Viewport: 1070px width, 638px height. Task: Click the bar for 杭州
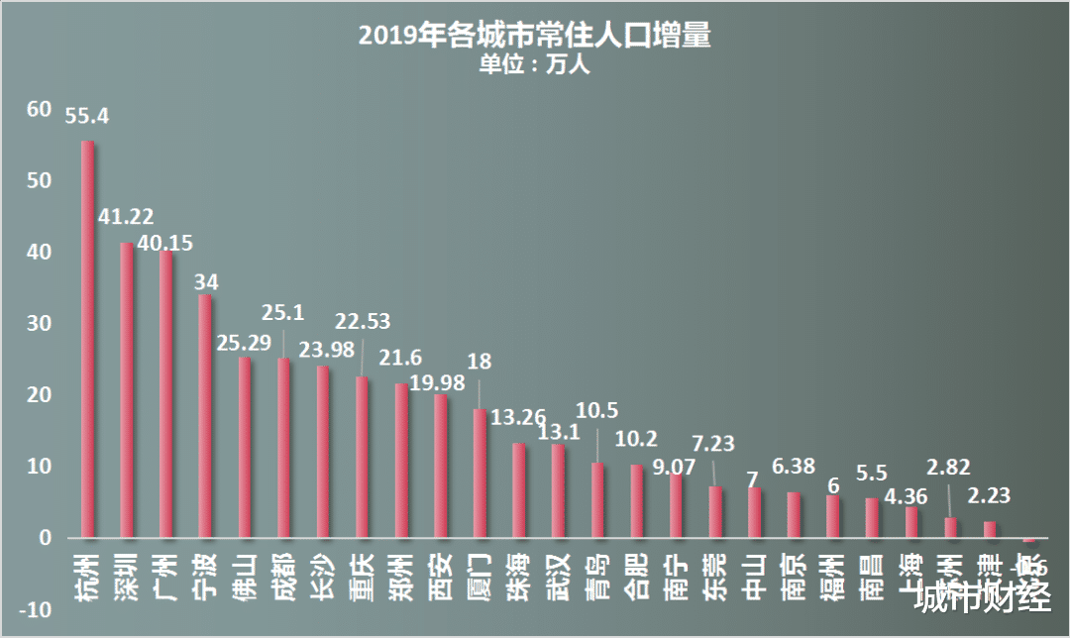[87, 340]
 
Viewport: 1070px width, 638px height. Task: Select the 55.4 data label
[87, 116]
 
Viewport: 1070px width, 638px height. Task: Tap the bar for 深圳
[127, 390]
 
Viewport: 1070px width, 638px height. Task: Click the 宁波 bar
[205, 416]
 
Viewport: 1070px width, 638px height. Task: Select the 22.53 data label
[362, 321]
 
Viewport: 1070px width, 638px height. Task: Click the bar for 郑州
[401, 461]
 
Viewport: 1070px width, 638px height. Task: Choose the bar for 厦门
[480, 474]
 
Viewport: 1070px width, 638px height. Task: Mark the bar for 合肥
[637, 501]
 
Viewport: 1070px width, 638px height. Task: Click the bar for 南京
[794, 515]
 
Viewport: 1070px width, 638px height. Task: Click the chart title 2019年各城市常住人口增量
[535, 37]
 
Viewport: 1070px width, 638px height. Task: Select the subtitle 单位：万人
[534, 65]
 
